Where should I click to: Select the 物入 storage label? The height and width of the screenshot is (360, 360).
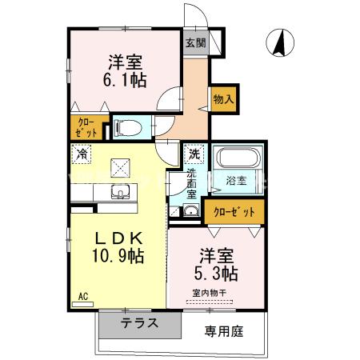[223, 99]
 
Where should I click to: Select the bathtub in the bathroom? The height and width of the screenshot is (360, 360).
[236, 158]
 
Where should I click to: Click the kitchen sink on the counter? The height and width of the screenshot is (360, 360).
[120, 192]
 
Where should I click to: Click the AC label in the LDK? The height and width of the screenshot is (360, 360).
[82, 296]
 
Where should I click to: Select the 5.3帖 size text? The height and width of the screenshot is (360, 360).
[218, 274]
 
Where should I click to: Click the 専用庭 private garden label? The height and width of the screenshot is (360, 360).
[222, 330]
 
